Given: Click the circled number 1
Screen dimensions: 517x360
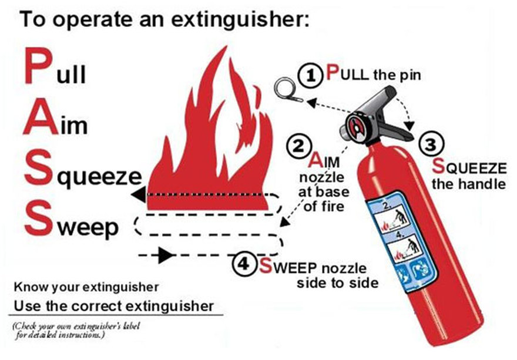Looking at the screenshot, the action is (310, 76).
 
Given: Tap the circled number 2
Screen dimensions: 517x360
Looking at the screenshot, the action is (298, 146).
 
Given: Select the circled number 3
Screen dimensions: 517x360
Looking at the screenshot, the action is (431, 144).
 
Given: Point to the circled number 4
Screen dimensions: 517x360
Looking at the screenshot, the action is (244, 264).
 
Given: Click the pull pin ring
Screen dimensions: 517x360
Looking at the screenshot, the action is (285, 87).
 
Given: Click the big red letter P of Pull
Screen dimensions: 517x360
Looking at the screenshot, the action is (38, 66).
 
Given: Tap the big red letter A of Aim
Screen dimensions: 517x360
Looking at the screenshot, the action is (40, 117).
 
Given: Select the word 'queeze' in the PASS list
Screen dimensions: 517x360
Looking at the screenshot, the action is (99, 176).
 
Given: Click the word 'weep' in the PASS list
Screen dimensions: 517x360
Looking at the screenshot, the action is (88, 227).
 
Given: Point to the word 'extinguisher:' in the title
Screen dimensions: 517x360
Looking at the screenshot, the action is (240, 19).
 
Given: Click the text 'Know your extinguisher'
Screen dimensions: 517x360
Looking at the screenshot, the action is (86, 287).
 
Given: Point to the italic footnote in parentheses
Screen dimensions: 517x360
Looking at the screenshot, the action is (76, 330).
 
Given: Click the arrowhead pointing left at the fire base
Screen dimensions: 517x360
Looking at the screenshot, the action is (139, 194).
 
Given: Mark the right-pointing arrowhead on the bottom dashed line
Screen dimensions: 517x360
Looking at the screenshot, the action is (166, 255).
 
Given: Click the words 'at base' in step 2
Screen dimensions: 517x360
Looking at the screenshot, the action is (324, 192).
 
